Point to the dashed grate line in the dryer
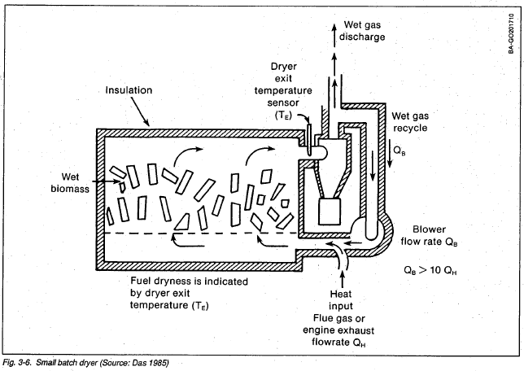click(195, 234)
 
